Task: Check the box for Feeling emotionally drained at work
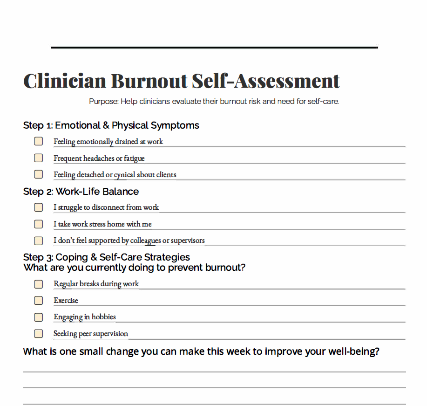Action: click(39, 141)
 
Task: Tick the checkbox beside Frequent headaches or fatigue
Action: click(39, 158)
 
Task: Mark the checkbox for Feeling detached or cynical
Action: click(39, 174)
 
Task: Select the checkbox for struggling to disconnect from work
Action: click(39, 207)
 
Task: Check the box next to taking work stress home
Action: click(39, 224)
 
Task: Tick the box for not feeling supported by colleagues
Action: click(39, 241)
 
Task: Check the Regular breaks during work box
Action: click(39, 284)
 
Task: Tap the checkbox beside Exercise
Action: click(39, 301)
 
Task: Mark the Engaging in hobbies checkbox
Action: click(39, 317)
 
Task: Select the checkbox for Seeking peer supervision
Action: click(39, 334)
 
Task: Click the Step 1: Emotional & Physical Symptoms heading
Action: click(111, 125)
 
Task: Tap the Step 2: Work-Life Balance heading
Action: click(81, 192)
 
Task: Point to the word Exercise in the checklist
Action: click(66, 301)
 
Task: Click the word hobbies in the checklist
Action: click(103, 317)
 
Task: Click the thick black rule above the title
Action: click(214, 48)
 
